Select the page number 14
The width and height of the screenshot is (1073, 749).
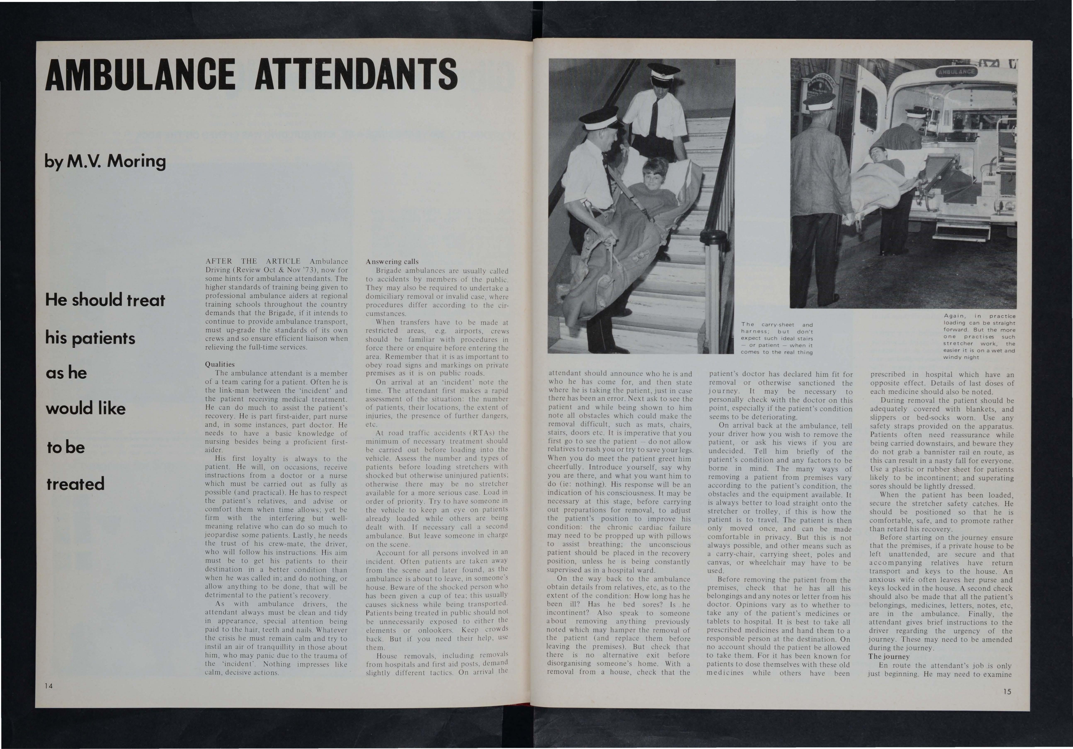point(48,685)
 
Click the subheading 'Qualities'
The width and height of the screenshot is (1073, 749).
point(220,364)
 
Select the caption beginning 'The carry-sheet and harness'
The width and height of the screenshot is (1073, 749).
point(777,338)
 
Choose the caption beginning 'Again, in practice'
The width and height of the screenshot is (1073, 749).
point(979,336)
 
